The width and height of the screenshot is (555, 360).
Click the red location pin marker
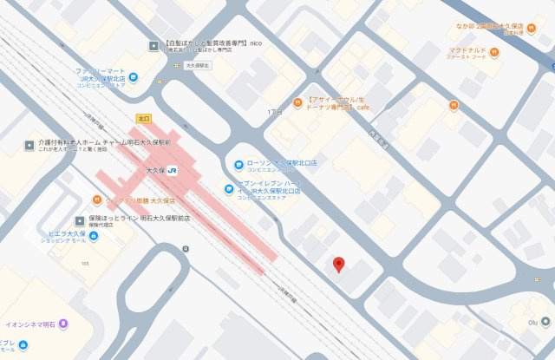(x=339, y=264)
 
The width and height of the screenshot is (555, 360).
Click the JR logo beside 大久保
(x=173, y=168)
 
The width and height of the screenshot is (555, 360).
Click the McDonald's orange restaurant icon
(x=493, y=52)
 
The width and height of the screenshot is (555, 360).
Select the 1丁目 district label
(x=276, y=112)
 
